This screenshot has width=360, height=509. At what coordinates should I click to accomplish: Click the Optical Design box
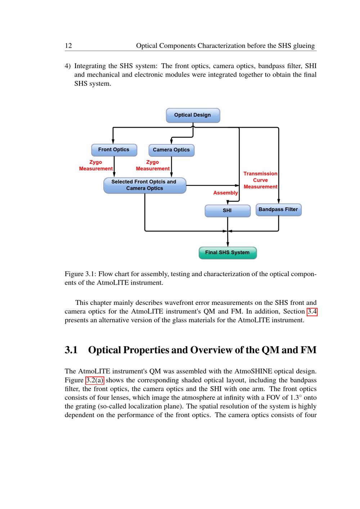tap(193, 115)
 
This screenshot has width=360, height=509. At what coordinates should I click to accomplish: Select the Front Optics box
tap(114, 150)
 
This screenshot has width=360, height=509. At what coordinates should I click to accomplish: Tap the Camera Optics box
tap(171, 150)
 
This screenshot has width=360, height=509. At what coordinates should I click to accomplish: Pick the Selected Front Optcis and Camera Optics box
tap(144, 185)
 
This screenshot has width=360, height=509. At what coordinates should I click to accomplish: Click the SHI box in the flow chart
tap(227, 211)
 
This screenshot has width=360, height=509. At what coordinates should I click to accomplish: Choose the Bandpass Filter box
tap(278, 210)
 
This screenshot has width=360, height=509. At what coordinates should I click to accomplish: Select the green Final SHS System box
tap(228, 253)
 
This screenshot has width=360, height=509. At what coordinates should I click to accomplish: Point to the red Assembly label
tap(225, 193)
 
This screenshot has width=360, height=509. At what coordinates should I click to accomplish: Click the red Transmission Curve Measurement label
tap(260, 180)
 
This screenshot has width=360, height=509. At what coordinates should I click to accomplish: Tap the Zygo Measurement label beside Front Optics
tap(96, 165)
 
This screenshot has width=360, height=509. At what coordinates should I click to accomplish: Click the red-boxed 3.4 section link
tap(312, 311)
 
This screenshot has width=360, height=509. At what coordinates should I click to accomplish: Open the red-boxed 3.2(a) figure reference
tap(95, 380)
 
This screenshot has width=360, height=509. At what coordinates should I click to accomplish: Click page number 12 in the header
tap(68, 46)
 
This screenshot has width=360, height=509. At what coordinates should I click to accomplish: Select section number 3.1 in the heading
tap(71, 350)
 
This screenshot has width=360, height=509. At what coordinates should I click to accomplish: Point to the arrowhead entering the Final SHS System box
tap(228, 244)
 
